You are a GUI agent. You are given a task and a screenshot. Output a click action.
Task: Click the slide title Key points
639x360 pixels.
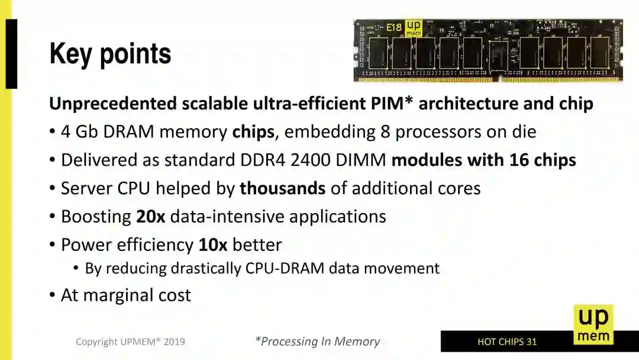[x=111, y=54]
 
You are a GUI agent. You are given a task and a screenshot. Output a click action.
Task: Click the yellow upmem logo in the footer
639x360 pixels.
[x=593, y=324]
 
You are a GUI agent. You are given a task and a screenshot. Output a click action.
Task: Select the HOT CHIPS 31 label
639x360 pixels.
[x=507, y=342]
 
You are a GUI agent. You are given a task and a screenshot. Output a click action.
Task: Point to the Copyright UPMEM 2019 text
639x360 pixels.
[x=130, y=342]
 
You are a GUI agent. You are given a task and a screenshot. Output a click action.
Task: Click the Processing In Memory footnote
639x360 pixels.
[x=317, y=341]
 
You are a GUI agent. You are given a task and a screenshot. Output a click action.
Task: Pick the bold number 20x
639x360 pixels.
[x=150, y=216]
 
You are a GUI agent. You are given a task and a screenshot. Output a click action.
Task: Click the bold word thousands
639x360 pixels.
[x=282, y=188]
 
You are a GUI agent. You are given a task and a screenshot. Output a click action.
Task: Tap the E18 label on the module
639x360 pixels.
[x=393, y=27]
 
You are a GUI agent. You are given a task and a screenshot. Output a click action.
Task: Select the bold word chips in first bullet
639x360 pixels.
[x=253, y=131]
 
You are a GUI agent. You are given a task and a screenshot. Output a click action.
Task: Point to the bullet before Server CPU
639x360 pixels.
[x=53, y=189]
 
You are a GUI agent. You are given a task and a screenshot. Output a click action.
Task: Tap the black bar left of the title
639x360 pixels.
[x=11, y=54]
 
